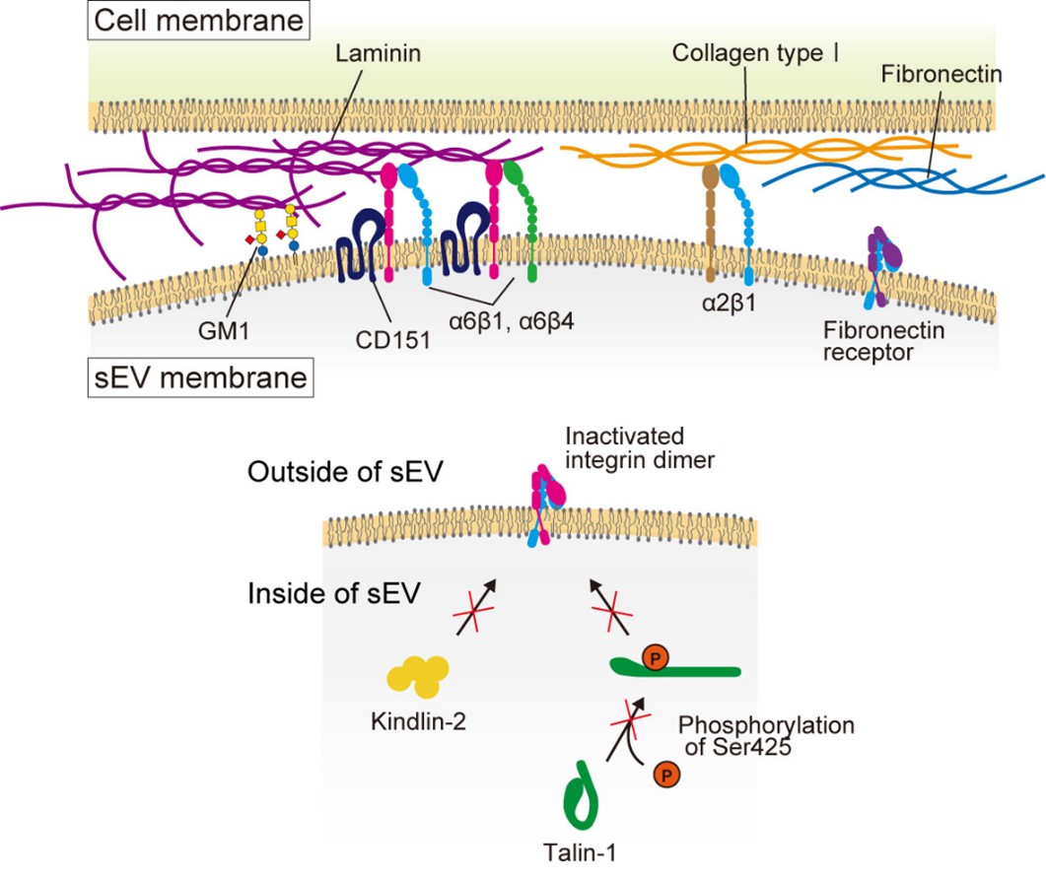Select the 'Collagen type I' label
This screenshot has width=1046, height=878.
(x=756, y=52)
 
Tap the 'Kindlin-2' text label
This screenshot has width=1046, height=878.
(x=418, y=720)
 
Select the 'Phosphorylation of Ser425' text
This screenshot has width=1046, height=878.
(x=765, y=738)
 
